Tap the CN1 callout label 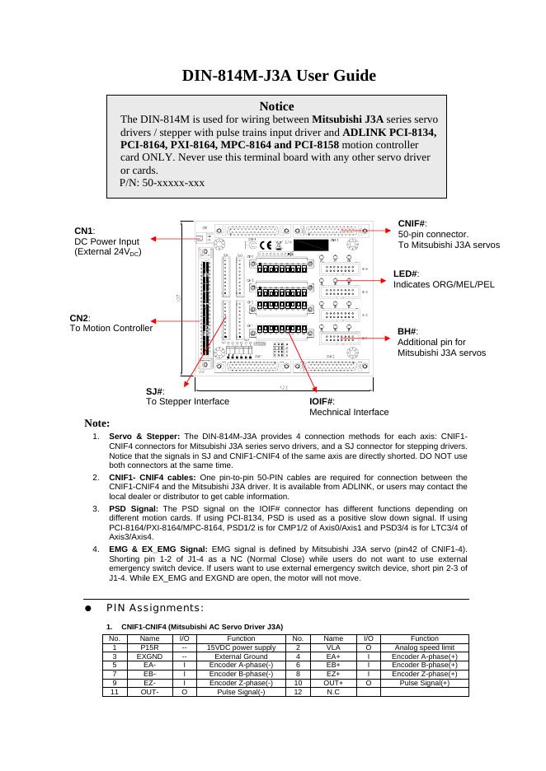[85, 231]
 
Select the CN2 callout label [79, 318]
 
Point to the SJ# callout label [155, 391]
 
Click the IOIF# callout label [321, 400]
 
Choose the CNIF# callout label [412, 223]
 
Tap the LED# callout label [406, 273]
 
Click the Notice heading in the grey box [276, 106]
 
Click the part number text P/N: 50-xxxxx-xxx [162, 182]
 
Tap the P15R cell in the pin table [149, 648]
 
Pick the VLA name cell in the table [333, 648]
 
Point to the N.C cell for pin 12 [333, 692]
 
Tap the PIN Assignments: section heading [154, 608]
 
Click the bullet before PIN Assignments [87, 608]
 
